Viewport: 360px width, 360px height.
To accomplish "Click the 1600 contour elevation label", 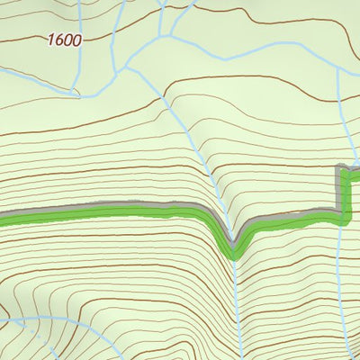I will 66,40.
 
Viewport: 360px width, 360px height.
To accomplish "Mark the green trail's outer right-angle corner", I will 346,216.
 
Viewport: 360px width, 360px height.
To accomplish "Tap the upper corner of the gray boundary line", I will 340,166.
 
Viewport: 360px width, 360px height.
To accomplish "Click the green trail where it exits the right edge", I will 357,174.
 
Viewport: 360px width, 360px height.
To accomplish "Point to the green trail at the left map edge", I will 3,217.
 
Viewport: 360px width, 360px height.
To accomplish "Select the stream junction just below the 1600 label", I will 74,92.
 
